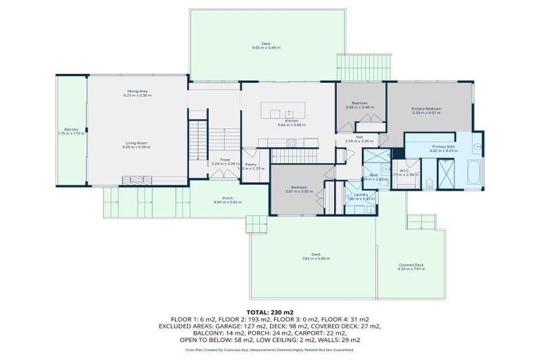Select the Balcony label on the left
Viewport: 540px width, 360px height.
pyautogui.click(x=72, y=129)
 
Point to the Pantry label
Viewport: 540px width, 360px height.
pyautogui.click(x=250, y=165)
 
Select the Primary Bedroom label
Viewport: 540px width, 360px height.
pyautogui.click(x=426, y=109)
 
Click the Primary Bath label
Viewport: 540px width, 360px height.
pyautogui.click(x=444, y=146)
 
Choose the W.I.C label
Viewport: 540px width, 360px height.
pyautogui.click(x=404, y=169)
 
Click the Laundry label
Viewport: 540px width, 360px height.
pyautogui.click(x=361, y=195)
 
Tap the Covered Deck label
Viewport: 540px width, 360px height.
pyautogui.click(x=410, y=264)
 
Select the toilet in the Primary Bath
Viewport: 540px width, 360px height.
pyautogui.click(x=428, y=184)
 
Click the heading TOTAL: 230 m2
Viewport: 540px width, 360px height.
pyautogui.click(x=270, y=311)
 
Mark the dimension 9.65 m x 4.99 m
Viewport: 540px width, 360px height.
pyautogui.click(x=266, y=47)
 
